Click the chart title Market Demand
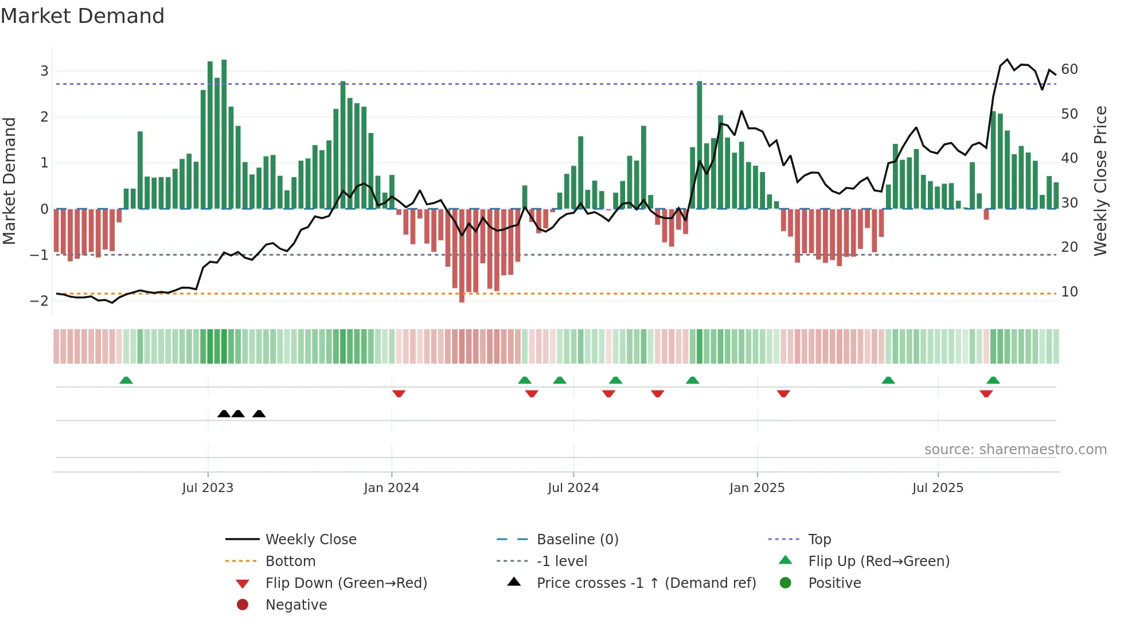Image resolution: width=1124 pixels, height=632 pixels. [x=83, y=16]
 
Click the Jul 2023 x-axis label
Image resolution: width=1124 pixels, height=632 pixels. [x=208, y=488]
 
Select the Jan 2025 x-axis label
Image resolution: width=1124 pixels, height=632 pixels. [x=757, y=488]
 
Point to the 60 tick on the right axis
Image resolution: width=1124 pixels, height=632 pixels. [x=1070, y=69]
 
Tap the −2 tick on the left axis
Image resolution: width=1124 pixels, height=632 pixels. [x=40, y=301]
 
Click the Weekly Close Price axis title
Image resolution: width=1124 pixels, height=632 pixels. [x=1100, y=181]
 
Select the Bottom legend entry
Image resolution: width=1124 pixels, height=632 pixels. [x=290, y=561]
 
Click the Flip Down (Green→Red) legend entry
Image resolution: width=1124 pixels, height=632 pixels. [x=346, y=583]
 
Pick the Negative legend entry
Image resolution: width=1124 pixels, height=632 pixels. [x=296, y=605]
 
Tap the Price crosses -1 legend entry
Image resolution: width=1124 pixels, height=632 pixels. [x=646, y=583]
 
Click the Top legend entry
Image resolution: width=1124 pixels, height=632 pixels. [x=819, y=540]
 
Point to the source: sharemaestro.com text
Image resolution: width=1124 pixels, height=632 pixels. [x=1015, y=450]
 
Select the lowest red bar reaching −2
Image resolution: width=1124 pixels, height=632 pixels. [x=462, y=255]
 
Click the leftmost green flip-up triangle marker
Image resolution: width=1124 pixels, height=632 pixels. [x=126, y=380]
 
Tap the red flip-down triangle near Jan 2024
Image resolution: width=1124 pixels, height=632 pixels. [x=399, y=393]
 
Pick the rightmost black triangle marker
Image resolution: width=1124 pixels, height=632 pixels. [x=259, y=413]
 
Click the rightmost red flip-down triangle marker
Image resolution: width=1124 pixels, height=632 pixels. [x=986, y=393]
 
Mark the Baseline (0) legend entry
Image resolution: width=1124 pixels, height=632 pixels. [x=577, y=540]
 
